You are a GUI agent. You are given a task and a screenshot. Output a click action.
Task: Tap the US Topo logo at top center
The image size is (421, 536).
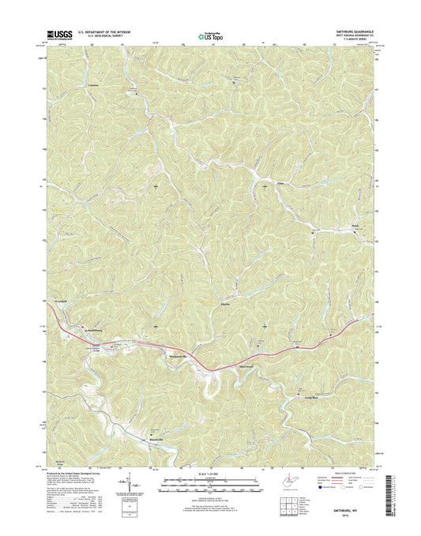(209, 34)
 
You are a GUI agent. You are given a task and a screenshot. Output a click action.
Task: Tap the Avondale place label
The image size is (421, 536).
(64, 302)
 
